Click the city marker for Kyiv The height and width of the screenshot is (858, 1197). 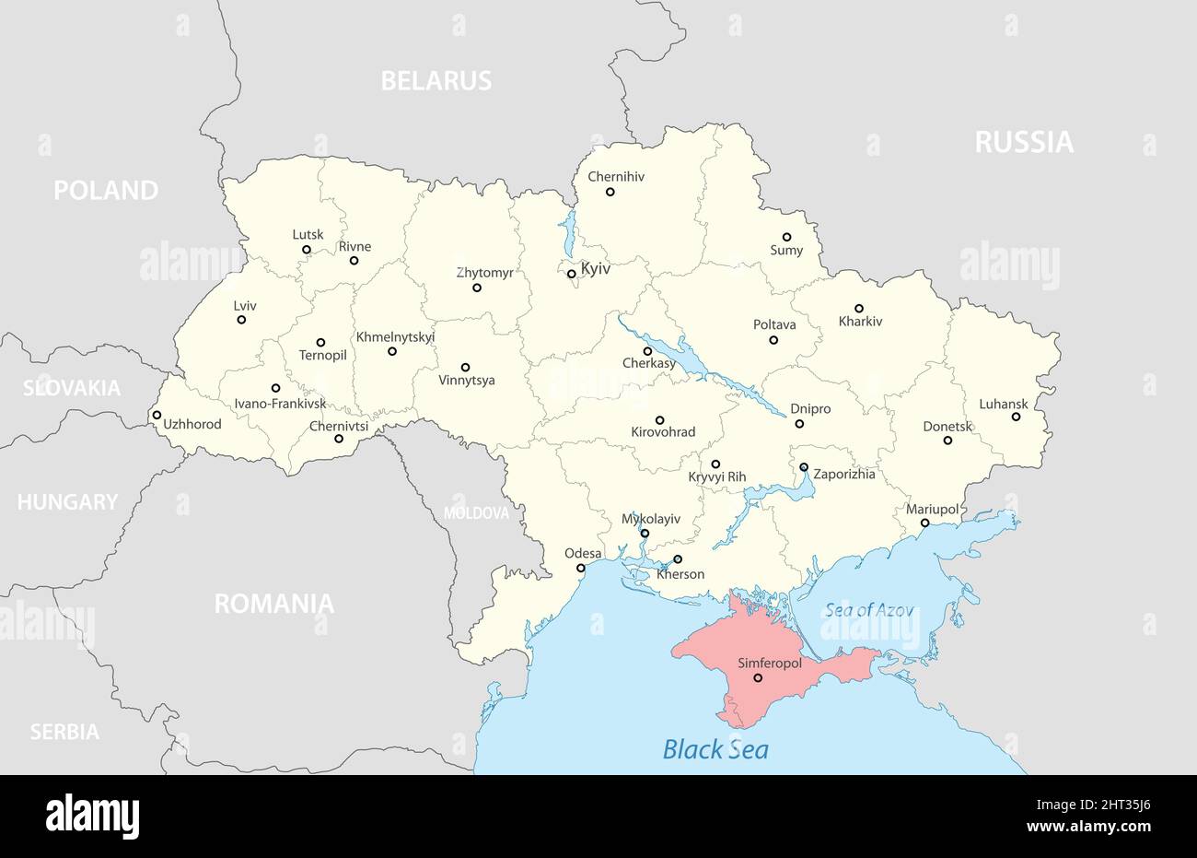pos(571,274)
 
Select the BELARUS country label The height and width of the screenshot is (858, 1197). pos(436,81)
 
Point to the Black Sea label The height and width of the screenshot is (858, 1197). pos(715,748)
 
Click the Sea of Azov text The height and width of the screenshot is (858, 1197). pos(869,609)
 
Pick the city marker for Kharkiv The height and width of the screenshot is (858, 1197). pos(859,309)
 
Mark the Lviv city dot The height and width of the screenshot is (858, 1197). pos(241,320)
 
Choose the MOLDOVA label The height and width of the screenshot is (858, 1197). pos(476,513)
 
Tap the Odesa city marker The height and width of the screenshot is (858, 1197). pos(580,568)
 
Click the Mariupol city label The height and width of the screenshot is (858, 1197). pos(932,509)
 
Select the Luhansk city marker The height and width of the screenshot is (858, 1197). pos(1016,417)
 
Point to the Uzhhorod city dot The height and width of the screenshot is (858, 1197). pos(157,415)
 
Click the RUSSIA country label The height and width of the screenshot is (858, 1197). pos(1024,142)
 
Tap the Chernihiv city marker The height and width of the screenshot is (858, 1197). pos(610,192)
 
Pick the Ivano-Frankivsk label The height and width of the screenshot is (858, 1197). pos(280,404)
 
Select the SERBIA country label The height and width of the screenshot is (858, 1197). pos(64,732)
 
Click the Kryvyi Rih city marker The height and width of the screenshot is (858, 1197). pos(715,464)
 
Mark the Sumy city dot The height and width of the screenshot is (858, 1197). pos(786,237)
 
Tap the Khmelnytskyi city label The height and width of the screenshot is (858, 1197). pos(395,336)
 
